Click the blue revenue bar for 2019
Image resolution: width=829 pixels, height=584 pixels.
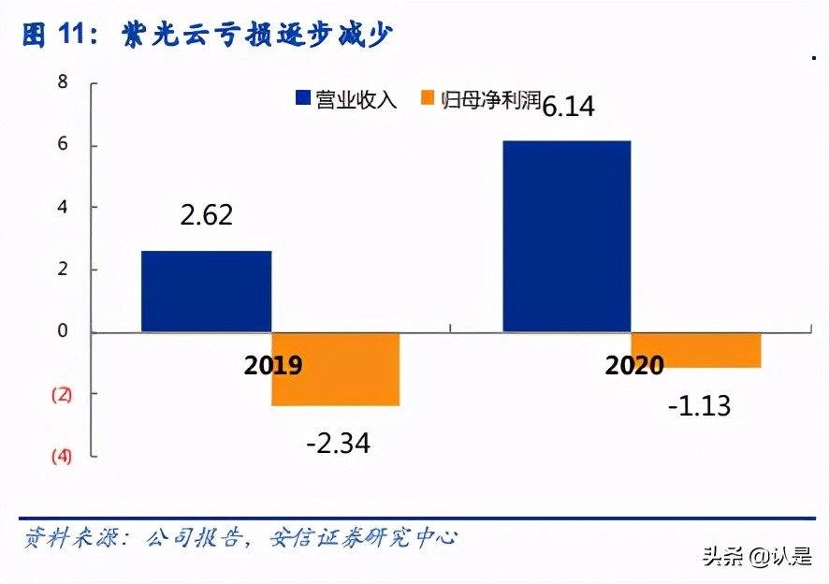[x=206, y=291]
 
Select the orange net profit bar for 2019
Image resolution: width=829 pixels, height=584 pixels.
[x=336, y=369]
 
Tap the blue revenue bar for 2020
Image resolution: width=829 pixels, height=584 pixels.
[x=567, y=236]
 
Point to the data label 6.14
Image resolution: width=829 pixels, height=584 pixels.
[x=569, y=106]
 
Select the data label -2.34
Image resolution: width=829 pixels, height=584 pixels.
[x=338, y=443]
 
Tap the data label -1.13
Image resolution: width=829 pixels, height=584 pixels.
[x=698, y=405]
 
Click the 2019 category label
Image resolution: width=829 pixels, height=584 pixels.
[x=273, y=365]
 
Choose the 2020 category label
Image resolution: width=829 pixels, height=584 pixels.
[x=633, y=365]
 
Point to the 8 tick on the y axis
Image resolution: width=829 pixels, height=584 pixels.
[x=63, y=82]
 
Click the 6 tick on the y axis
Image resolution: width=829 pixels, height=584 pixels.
[x=63, y=145]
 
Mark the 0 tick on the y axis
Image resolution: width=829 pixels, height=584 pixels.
[x=63, y=331]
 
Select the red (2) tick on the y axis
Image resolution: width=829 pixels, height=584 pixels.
[x=61, y=394]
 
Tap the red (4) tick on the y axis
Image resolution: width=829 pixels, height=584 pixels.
[x=61, y=457]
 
